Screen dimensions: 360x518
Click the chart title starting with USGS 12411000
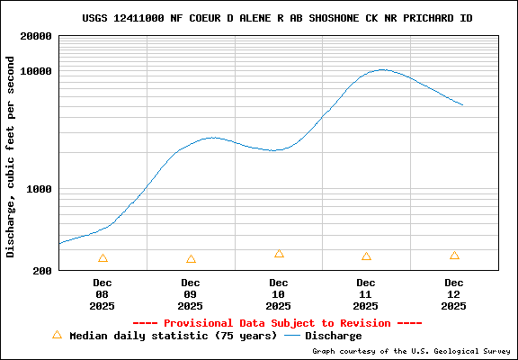tap(277, 18)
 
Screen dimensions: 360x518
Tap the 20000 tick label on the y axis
tap(36, 37)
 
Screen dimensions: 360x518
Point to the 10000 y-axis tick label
tap(36, 72)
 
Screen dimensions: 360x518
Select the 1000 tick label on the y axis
tap(40, 190)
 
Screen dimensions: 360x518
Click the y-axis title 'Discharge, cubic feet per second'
tap(11, 157)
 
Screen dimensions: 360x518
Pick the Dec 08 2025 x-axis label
tap(103, 294)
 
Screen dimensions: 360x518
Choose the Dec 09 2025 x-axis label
tap(191, 294)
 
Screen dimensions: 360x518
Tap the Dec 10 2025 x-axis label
tap(279, 294)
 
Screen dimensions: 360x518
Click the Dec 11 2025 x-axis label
tap(366, 294)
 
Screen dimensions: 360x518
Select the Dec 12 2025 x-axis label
tap(454, 294)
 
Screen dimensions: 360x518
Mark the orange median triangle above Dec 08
tap(103, 258)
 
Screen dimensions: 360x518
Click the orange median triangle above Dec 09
tap(191, 259)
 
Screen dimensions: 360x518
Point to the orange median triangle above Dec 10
tap(279, 255)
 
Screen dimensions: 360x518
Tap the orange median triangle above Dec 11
tap(366, 256)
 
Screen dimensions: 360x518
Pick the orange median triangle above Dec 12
tap(454, 256)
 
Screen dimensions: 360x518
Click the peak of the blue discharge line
tap(383, 69)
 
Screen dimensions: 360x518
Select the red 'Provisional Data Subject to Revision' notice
tap(277, 323)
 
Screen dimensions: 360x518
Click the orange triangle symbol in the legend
tap(57, 335)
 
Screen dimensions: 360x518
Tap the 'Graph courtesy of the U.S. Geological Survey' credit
tap(411, 351)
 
